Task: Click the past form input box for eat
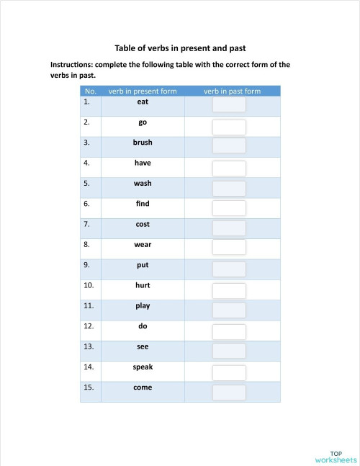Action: pos(229,105)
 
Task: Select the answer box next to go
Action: pos(229,127)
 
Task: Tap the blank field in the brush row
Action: pos(229,146)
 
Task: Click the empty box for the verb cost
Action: pos(229,228)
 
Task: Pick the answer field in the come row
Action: pos(229,393)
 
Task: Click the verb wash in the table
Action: pos(143,184)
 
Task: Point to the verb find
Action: pos(143,204)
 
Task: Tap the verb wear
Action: pos(143,245)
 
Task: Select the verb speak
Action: pos(143,367)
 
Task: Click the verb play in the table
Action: pos(143,306)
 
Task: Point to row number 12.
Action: pos(89,326)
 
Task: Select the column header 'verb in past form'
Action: pos(232,91)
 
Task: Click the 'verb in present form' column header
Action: pos(143,91)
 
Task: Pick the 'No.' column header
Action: pos(90,91)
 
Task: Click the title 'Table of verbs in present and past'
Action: pos(180,48)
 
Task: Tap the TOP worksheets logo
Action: pos(335,455)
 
